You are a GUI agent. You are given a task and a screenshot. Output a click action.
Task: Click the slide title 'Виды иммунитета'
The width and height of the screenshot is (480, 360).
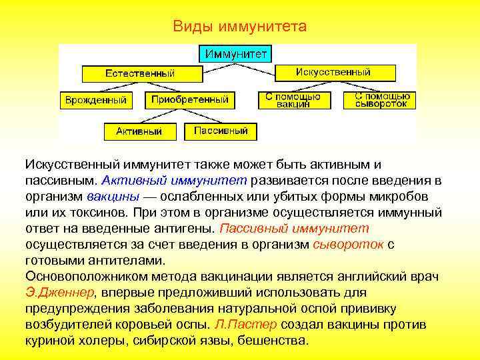(239, 27)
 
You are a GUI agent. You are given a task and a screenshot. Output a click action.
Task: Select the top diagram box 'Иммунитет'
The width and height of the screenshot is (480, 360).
(235, 53)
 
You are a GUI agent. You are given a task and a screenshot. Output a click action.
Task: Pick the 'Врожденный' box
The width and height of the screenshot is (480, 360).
(95, 100)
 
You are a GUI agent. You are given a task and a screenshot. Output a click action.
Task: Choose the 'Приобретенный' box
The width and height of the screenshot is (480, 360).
(189, 100)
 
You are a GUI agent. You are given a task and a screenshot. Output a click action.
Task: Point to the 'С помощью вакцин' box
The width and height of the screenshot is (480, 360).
(293, 100)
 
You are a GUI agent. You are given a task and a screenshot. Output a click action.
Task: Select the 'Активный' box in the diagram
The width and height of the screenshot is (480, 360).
(139, 131)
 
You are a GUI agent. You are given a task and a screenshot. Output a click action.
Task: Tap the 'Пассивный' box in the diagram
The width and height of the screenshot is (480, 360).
(221, 131)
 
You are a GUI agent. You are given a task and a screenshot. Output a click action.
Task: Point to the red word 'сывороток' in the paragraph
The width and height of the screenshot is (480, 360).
(347, 244)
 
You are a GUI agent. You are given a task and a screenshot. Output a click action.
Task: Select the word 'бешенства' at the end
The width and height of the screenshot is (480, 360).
(275, 340)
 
